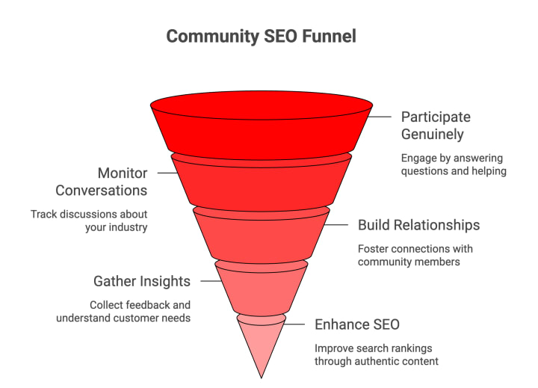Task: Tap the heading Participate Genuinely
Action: (436, 126)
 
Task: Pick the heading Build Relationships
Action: (418, 225)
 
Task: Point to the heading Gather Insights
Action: (142, 281)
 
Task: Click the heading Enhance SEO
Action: (357, 324)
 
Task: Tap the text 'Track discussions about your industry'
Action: (90, 221)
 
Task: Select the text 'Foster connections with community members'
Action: (415, 255)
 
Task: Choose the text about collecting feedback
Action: (123, 311)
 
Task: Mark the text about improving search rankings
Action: (376, 355)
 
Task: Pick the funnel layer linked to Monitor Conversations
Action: (261, 183)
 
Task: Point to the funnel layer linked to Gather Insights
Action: (261, 288)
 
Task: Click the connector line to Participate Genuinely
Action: (381, 117)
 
